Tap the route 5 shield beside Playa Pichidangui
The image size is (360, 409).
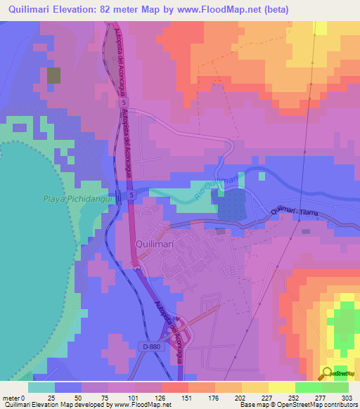131,195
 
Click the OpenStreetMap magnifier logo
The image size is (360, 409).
328,372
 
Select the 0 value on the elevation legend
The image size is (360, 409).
26,398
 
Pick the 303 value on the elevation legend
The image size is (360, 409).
347,398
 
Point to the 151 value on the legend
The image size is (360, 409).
186,398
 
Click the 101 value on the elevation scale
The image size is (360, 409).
134,398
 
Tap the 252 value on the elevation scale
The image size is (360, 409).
294,398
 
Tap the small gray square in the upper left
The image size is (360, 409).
54,77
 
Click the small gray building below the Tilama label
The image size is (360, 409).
305,231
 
